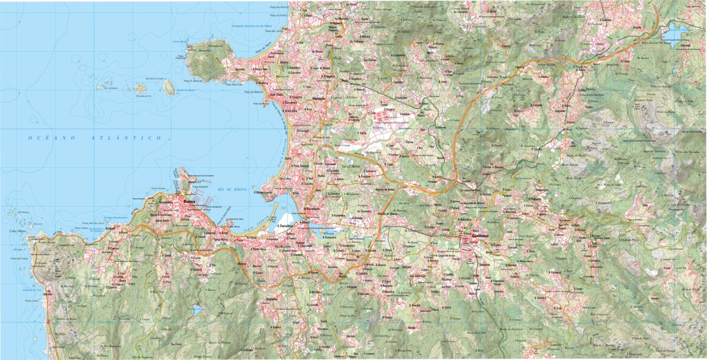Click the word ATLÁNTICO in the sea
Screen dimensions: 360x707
(x=126, y=138)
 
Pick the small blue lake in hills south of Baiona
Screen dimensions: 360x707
(x=198, y=309)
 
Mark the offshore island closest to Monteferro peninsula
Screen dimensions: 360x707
(x=169, y=88)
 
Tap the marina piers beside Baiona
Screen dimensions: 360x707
(x=201, y=192)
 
